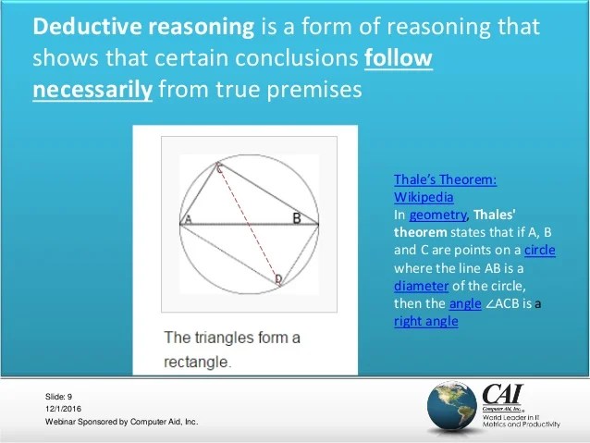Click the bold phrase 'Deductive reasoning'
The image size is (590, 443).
tap(142, 26)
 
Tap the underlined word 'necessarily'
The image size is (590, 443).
tap(92, 90)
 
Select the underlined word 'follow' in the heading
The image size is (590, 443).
tap(398, 58)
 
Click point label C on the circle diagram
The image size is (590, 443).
tap(219, 168)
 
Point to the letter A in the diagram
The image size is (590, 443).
tap(187, 219)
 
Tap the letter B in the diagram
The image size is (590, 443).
tap(296, 218)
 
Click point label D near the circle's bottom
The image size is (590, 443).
tap(277, 278)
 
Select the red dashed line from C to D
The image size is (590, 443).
tap(248, 223)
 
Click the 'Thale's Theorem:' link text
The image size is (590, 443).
tap(445, 179)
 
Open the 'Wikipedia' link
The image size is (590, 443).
tap(424, 197)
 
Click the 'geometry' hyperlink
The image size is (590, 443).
tap(435, 215)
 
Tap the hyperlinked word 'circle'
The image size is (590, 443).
tap(539, 250)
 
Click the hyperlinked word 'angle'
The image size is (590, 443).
tap(465, 303)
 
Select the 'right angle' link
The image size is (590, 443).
tap(425, 321)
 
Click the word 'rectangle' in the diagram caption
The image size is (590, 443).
tap(197, 361)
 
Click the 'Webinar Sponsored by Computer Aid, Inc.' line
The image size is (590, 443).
tap(121, 422)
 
